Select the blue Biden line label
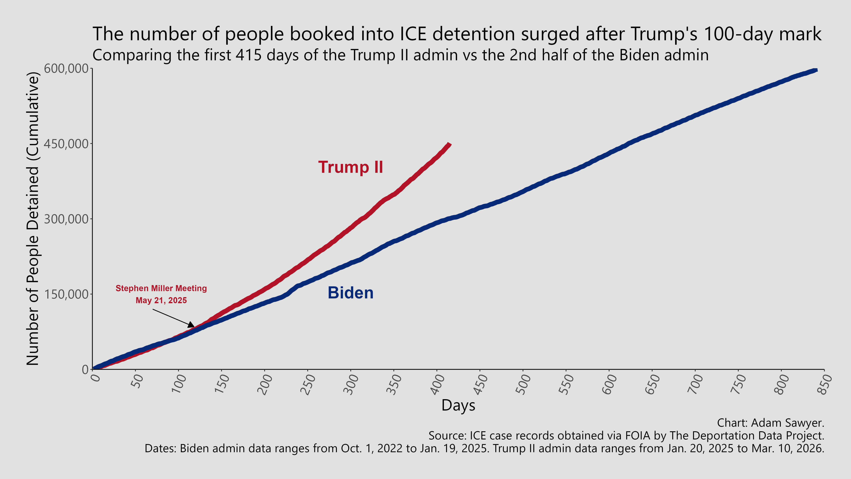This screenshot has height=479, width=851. (x=351, y=293)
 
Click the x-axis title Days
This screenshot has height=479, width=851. (x=458, y=405)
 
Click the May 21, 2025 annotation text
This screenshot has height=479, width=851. (x=161, y=301)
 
